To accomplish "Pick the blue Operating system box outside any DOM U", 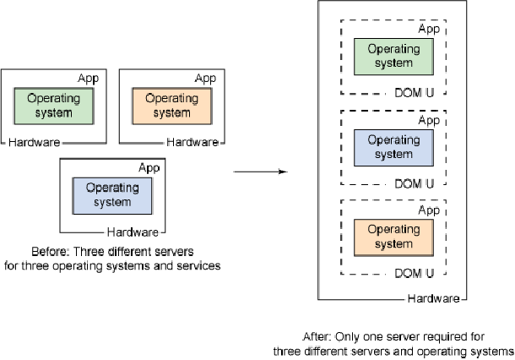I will tap(113, 195).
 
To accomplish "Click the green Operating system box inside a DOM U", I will tap(393, 56).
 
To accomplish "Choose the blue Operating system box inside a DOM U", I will tap(393, 147).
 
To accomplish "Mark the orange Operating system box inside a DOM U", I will tap(393, 237).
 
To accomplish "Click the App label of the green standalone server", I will tap(88, 79).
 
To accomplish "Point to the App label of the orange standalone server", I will tap(206, 79).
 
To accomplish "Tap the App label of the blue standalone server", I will tap(149, 167).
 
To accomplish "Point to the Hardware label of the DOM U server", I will tap(434, 299).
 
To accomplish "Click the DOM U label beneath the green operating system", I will tap(415, 92).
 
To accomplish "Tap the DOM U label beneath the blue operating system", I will tap(415, 183).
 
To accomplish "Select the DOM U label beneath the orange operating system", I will tap(415, 274).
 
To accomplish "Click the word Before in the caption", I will tap(48, 252).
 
